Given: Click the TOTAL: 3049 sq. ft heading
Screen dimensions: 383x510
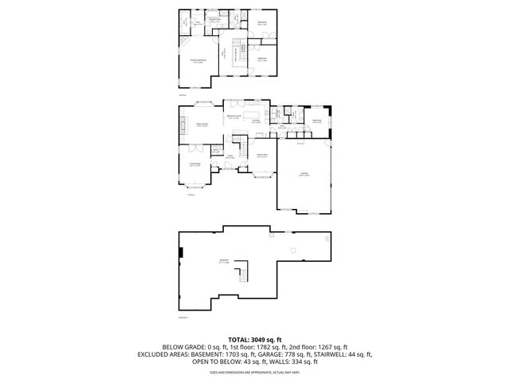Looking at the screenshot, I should click(255, 339).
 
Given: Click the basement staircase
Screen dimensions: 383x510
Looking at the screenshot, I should click(240, 275).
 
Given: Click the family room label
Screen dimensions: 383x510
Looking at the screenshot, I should click(193, 125).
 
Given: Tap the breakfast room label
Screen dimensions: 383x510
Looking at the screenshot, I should click(235, 116).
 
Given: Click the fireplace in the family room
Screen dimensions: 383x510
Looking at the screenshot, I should click(181, 125).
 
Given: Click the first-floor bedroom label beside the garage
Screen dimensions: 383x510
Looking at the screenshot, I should click(316, 121).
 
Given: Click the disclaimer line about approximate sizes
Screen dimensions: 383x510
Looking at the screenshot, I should click(255, 372).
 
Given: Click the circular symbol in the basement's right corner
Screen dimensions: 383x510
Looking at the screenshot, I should click(328, 237).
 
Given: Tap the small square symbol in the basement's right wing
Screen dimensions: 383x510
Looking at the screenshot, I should click(292, 251).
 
